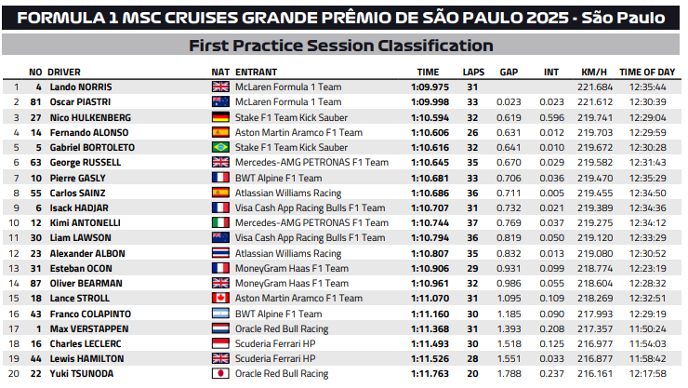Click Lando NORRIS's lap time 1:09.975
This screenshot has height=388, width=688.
[x=430, y=87]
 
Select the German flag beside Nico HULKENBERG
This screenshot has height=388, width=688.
[x=220, y=117]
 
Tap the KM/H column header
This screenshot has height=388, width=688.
[x=594, y=72]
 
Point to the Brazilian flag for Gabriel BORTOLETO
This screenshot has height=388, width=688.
[x=220, y=147]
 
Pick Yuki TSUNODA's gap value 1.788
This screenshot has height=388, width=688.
[x=509, y=373]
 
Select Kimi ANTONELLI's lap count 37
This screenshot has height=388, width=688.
[x=471, y=222]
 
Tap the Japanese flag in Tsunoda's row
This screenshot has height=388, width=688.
[x=220, y=373]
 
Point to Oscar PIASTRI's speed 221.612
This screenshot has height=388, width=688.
[x=596, y=102]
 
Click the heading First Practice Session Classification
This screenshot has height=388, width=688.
[x=340, y=46]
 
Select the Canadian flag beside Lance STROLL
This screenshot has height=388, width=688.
[x=220, y=298]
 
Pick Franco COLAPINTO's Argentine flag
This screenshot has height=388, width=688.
[x=220, y=314]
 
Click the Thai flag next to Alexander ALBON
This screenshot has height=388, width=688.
[x=220, y=253]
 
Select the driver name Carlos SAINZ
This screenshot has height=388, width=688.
[x=79, y=193]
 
